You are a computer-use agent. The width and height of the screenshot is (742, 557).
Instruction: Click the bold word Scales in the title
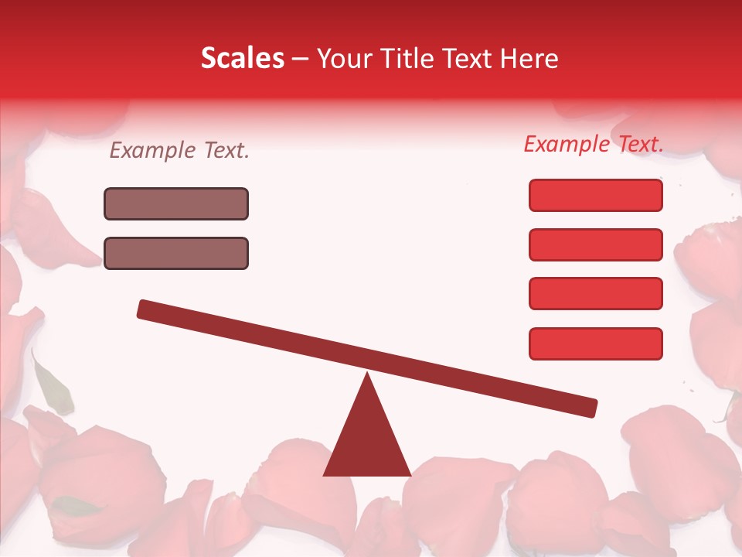[x=242, y=59]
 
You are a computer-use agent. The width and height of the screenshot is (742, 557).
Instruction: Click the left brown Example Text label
[x=179, y=151]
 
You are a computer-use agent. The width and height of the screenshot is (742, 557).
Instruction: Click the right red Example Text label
[x=594, y=144]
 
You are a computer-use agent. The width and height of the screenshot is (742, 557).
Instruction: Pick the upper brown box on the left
[x=176, y=204]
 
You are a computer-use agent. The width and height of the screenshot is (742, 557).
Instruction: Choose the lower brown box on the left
[x=176, y=254]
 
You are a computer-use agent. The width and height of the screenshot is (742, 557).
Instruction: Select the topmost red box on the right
[x=595, y=195]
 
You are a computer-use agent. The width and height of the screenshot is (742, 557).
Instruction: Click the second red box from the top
[x=595, y=244]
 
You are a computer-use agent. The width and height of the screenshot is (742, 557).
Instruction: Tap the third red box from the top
[x=595, y=294]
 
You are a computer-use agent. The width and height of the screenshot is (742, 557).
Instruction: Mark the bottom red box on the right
[x=595, y=343]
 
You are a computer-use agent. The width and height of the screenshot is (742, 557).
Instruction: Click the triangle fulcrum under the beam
[x=367, y=441]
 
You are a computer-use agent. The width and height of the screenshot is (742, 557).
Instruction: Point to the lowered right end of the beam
[x=589, y=408]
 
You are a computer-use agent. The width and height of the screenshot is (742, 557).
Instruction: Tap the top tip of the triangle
[x=367, y=376]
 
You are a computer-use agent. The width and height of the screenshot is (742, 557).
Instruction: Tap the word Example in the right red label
[x=567, y=144]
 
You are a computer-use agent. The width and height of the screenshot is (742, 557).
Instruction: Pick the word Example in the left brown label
[x=153, y=151]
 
